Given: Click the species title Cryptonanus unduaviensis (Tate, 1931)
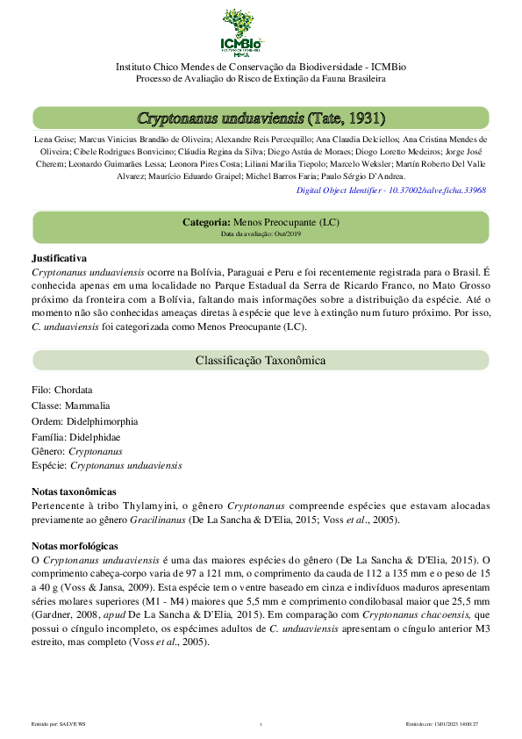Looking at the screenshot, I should pos(261,118).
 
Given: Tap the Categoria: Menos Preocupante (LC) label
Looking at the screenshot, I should pos(261,223).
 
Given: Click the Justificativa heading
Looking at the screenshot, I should pos(59,258).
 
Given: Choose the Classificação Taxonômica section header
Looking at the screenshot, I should pos(261,361).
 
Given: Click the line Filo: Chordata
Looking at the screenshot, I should pos(61,390).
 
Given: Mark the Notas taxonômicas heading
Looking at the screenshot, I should pos(74,491).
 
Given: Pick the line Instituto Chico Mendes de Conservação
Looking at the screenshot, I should pos(261,67).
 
